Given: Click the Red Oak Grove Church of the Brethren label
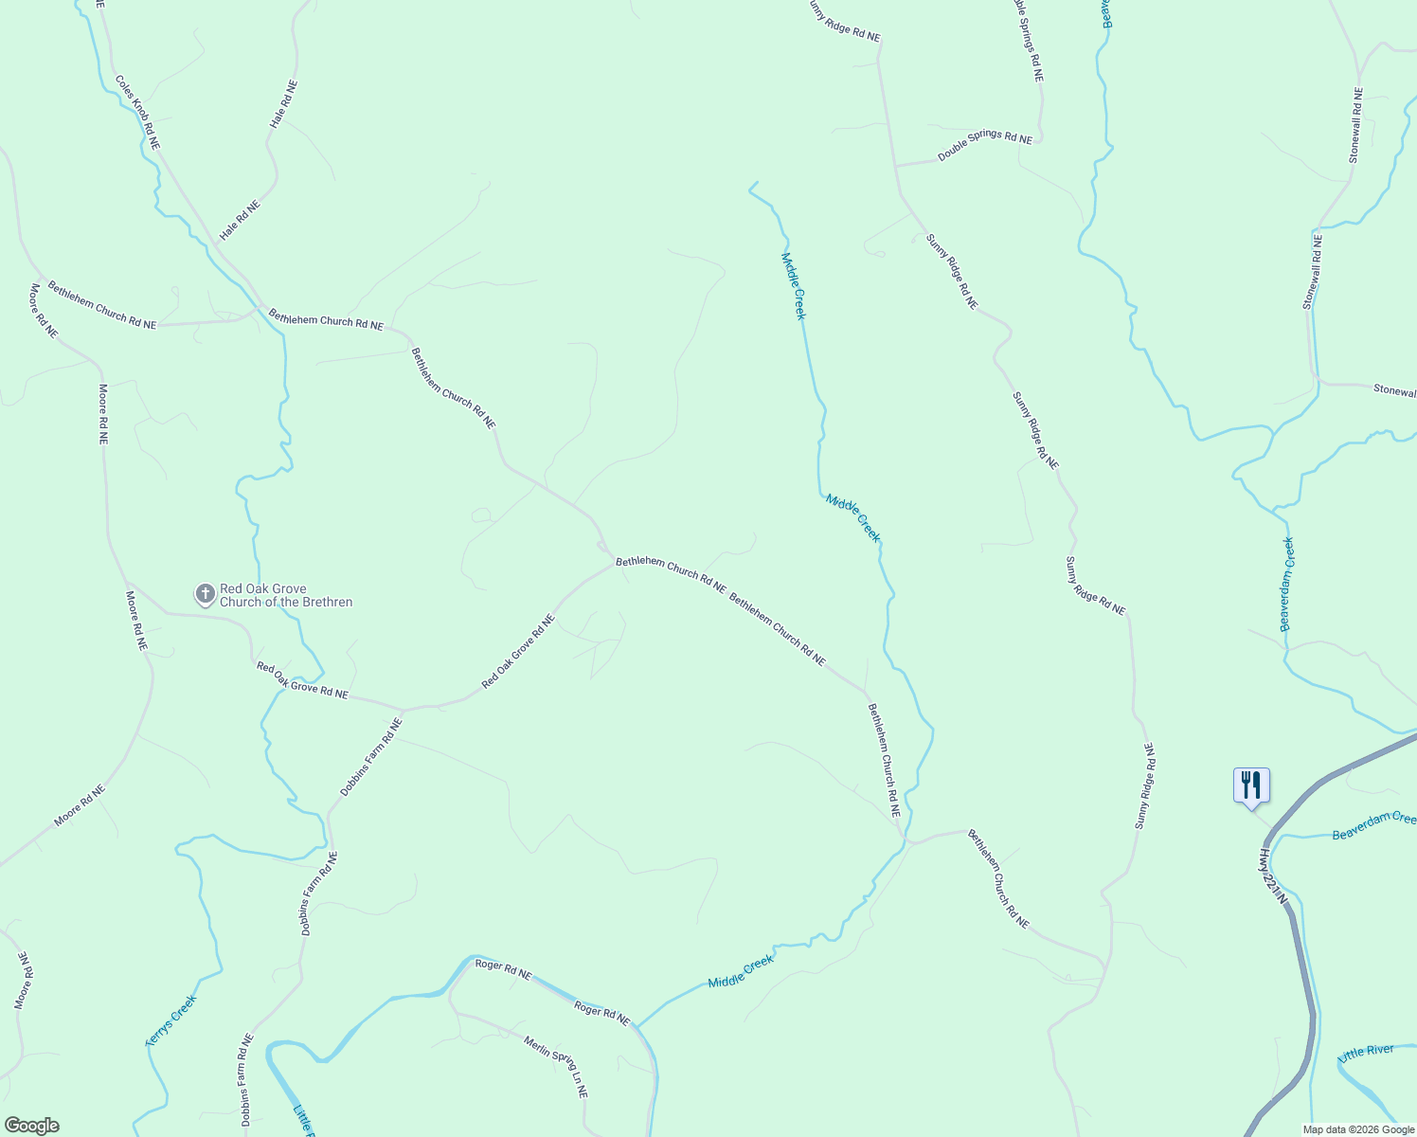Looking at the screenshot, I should (x=286, y=595).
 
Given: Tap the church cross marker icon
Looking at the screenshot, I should (x=205, y=595).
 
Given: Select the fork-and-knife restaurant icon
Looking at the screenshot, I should (x=1251, y=785).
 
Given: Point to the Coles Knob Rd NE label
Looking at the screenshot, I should (x=138, y=113).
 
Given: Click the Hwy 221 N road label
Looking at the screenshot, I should (x=1274, y=875).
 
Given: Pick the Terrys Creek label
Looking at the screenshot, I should (x=171, y=1020).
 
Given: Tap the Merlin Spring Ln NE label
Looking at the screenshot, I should (x=556, y=1066).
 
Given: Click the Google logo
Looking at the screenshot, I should (x=31, y=1126).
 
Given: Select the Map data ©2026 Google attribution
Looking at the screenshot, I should (x=1358, y=1129).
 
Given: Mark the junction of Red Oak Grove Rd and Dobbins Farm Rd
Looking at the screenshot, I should (x=403, y=710).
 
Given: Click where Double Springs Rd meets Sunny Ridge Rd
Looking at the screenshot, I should (x=895, y=166).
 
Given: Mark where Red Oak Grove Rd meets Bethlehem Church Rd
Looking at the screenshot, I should (x=615, y=565).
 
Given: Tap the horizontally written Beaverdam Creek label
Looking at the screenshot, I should (x=1373, y=826).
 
